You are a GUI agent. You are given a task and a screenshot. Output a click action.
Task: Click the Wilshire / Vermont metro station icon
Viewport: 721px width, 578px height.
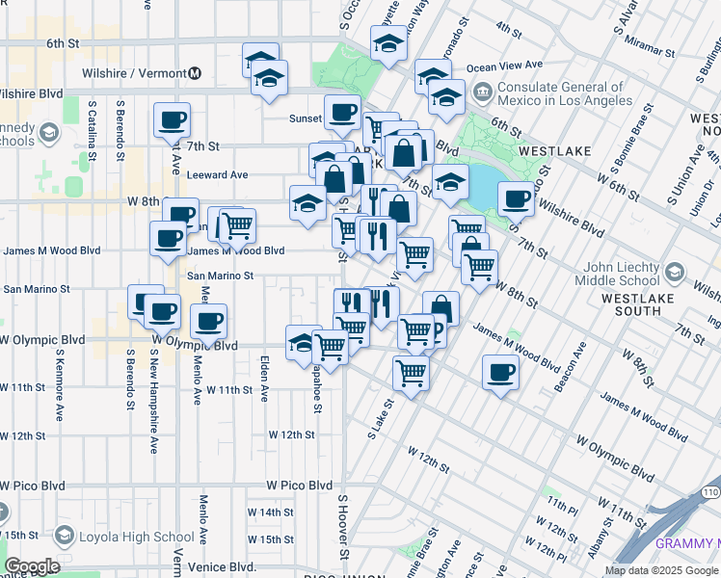point(195,73)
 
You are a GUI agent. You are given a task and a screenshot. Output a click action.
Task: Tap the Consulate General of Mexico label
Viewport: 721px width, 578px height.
point(565,93)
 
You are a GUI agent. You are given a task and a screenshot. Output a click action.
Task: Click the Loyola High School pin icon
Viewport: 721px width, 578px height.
point(64,536)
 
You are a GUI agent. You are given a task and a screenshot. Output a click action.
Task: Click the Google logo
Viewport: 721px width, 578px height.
point(31,566)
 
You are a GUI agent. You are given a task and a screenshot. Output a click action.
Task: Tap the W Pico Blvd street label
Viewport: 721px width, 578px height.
point(299,486)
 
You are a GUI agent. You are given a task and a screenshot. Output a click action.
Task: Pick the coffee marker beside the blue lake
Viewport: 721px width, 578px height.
point(517,197)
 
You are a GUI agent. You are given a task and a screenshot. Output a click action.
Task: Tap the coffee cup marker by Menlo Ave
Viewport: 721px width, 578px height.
point(208,320)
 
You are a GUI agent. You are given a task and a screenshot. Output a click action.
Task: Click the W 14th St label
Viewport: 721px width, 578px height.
point(270,512)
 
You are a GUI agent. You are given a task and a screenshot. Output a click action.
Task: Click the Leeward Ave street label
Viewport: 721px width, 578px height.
point(218,175)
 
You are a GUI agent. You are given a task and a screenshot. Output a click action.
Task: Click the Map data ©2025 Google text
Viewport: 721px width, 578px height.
point(661,570)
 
